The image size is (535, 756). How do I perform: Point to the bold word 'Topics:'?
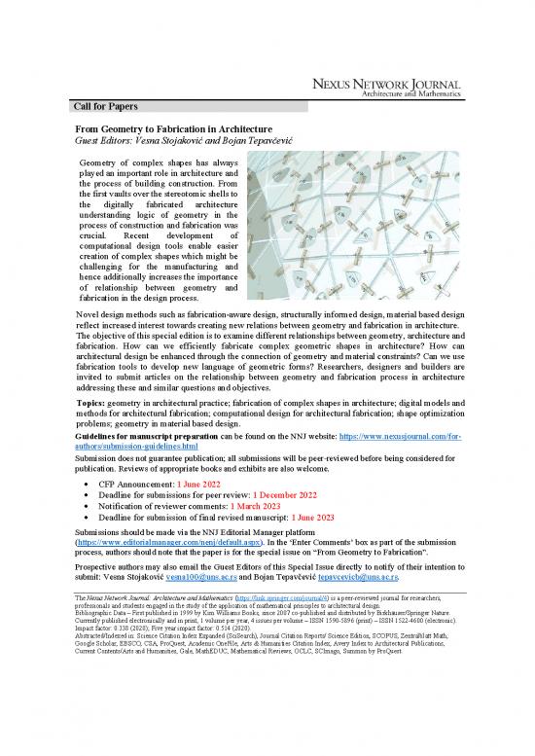click(94, 401)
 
